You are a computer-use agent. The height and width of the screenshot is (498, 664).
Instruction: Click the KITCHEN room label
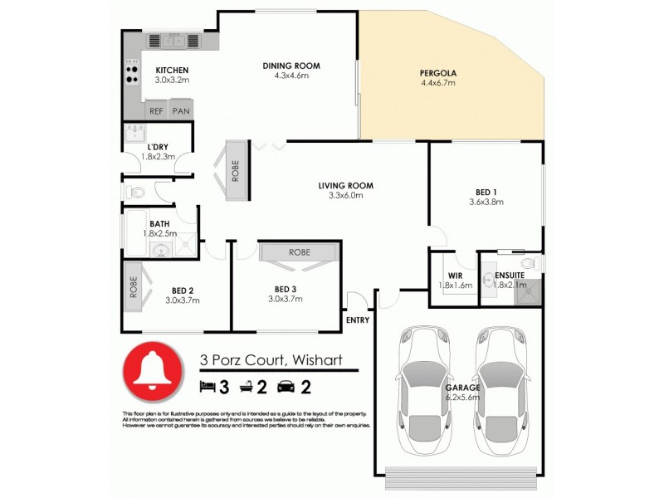(172, 70)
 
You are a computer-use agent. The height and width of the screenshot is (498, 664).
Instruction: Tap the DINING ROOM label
(290, 66)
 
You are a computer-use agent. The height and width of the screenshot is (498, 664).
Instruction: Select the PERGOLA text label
(438, 73)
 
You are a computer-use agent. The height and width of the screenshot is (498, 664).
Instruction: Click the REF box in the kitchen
(156, 110)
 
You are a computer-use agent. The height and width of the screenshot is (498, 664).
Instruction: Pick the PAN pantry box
(181, 110)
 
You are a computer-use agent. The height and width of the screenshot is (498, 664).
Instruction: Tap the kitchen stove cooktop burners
(131, 71)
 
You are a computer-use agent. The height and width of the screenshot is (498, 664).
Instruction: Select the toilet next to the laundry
(135, 192)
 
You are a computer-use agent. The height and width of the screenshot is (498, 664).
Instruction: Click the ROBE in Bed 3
(300, 251)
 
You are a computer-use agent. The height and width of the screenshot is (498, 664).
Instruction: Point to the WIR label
(455, 276)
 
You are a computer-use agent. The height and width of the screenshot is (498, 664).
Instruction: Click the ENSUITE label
(510, 276)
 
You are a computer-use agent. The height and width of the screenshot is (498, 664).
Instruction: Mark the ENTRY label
(357, 319)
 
